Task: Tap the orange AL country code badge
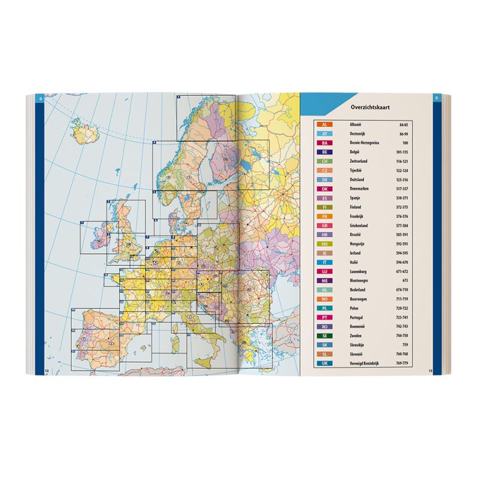pos(324,123)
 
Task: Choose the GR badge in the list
pos(324,224)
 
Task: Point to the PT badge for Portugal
pos(324,316)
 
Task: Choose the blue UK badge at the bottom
pos(324,363)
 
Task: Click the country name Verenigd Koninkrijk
pos(365,363)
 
